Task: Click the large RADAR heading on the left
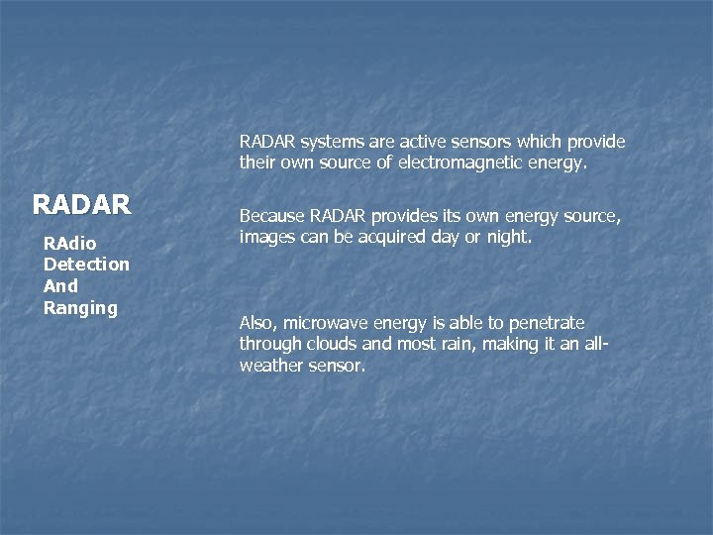[x=81, y=204]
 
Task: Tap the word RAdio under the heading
[x=67, y=243]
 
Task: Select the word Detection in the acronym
[x=86, y=265]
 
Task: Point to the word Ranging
[x=80, y=308]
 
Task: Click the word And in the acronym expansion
[x=60, y=286]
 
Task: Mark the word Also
[x=257, y=323]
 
